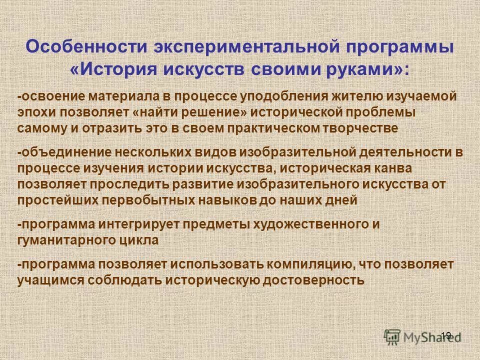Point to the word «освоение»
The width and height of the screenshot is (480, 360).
coord(49,96)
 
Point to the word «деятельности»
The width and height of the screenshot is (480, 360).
coord(403,152)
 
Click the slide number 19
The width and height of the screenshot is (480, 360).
coord(446,335)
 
